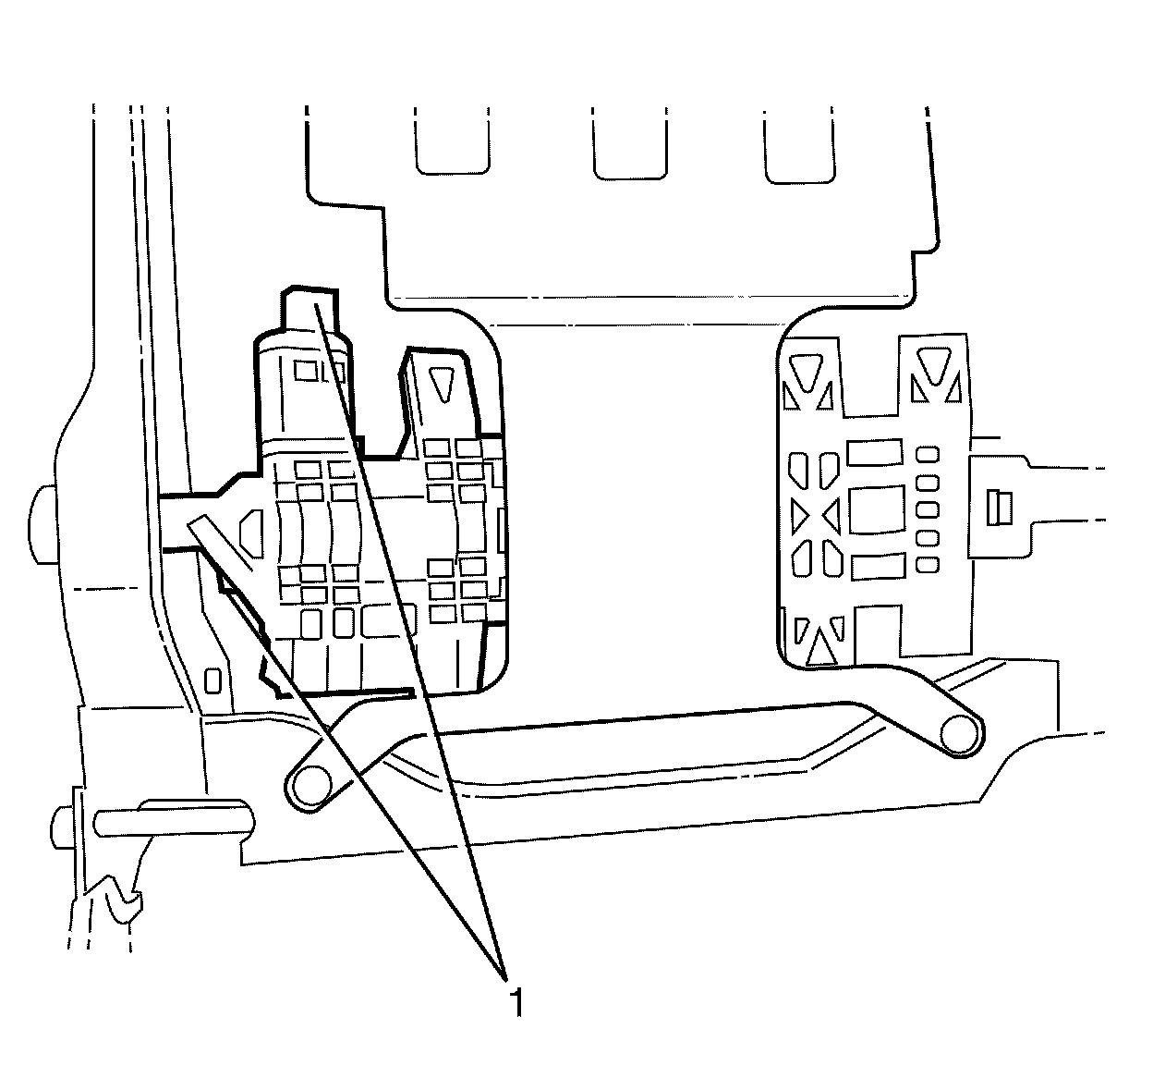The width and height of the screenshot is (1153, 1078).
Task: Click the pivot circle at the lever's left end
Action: pos(311,782)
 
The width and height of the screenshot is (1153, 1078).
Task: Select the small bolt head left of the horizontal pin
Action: pos(66,819)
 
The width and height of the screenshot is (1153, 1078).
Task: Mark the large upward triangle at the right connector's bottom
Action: pos(819,645)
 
